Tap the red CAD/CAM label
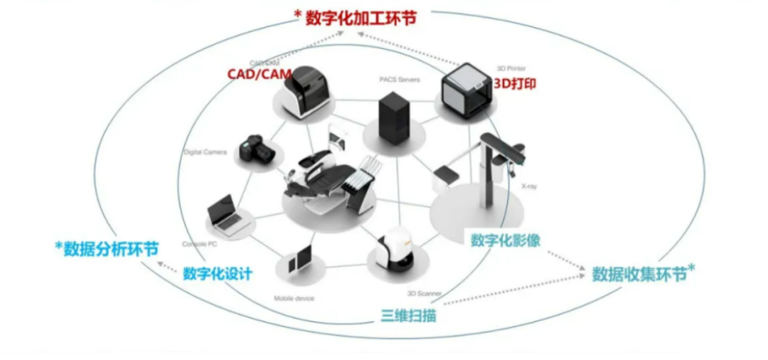tap(255, 73)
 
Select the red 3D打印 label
tap(515, 83)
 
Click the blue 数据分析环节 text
tap(107, 249)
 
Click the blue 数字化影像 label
tap(505, 240)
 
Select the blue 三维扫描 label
tap(408, 315)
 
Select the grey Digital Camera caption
tap(205, 152)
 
